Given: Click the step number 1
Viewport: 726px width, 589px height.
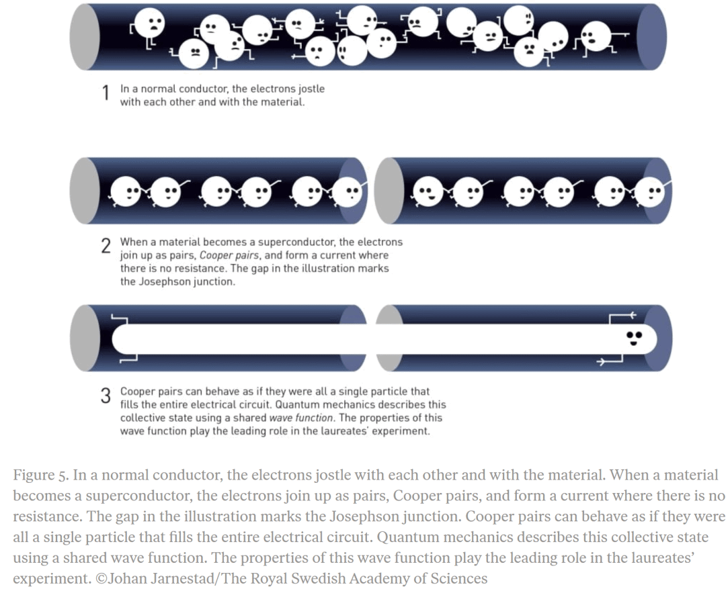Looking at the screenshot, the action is [x=106, y=94].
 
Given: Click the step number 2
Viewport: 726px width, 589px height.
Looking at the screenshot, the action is [x=106, y=246].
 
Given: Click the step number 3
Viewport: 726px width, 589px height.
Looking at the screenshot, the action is [x=106, y=396].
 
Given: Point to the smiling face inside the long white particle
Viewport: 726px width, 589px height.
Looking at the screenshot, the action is [x=633, y=338].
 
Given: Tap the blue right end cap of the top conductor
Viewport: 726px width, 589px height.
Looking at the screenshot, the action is [x=652, y=37].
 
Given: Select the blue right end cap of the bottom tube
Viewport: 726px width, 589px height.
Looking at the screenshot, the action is [x=659, y=338].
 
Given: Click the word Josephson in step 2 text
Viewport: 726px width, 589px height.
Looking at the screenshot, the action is [x=165, y=281].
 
